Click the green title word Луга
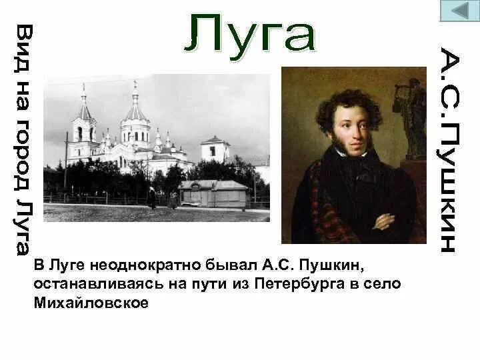coord(251,33)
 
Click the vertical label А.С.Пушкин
coord(448,150)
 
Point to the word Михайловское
coord(89,303)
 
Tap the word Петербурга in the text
coord(295,284)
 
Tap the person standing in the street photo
coord(153,198)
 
